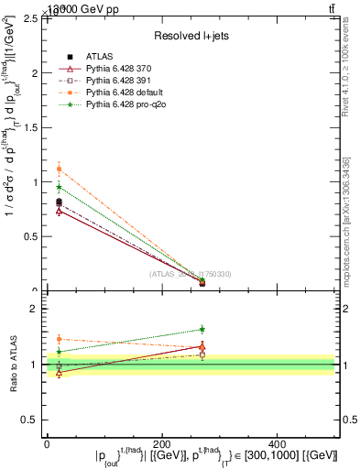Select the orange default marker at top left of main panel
click(59, 169)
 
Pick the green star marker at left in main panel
click(59, 187)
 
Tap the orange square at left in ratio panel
click(59, 339)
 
